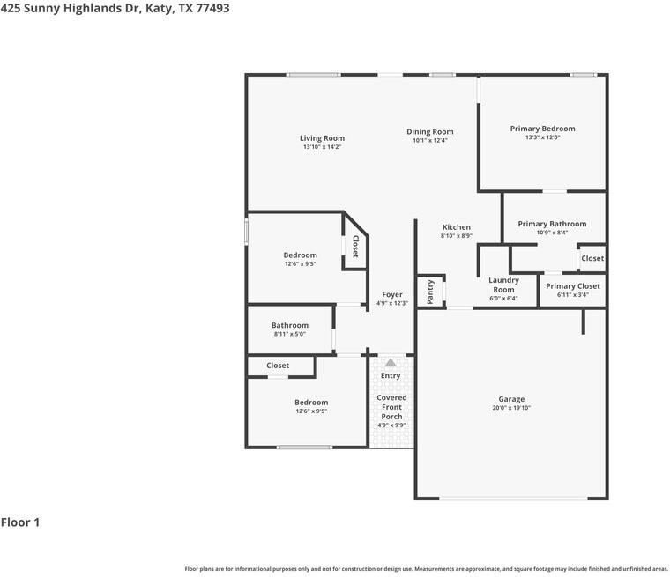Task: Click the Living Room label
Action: coord(322,138)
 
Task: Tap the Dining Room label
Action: coord(430,132)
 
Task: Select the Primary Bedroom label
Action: coord(542,129)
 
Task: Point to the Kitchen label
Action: coord(457,227)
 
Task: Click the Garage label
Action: coord(511,399)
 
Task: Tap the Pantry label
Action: coord(430,292)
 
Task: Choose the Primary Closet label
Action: coord(572,286)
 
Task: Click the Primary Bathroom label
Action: coord(552,224)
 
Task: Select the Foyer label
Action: coord(392,294)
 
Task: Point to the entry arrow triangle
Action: coord(391,362)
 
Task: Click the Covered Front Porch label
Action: coord(391,407)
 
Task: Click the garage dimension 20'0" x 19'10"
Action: coord(511,408)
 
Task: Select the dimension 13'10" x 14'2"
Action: coord(322,147)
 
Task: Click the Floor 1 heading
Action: coord(20,522)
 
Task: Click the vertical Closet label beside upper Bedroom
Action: coord(355,246)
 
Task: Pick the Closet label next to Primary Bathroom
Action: coord(592,258)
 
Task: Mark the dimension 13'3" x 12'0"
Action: coord(542,137)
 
